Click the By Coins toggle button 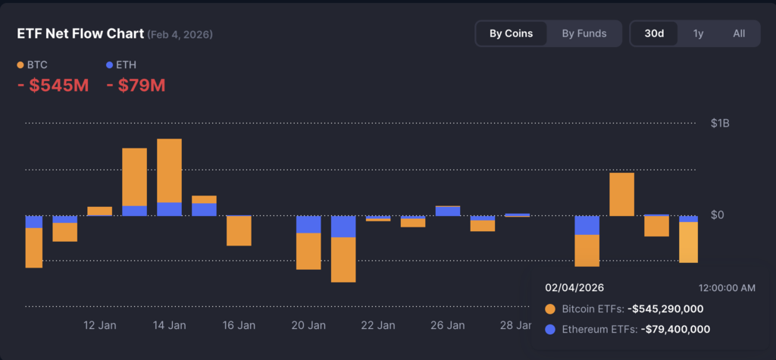click(x=511, y=33)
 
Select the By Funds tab click(x=584, y=33)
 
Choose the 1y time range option click(x=698, y=33)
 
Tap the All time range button click(x=739, y=33)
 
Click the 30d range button click(x=655, y=33)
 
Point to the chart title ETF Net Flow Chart click(x=80, y=34)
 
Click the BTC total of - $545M click(x=53, y=86)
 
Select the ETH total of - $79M click(x=136, y=86)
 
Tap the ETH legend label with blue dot click(x=126, y=65)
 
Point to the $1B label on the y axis click(x=721, y=123)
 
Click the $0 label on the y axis click(x=717, y=215)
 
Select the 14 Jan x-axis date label click(x=169, y=326)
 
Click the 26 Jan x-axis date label click(x=447, y=326)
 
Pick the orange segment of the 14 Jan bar click(x=169, y=171)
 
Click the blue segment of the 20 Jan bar click(x=308, y=224)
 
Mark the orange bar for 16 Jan click(x=239, y=231)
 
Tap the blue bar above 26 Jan click(x=447, y=211)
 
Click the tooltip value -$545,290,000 click(x=665, y=309)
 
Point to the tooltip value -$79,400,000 click(x=675, y=329)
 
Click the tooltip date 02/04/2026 click(x=574, y=288)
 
